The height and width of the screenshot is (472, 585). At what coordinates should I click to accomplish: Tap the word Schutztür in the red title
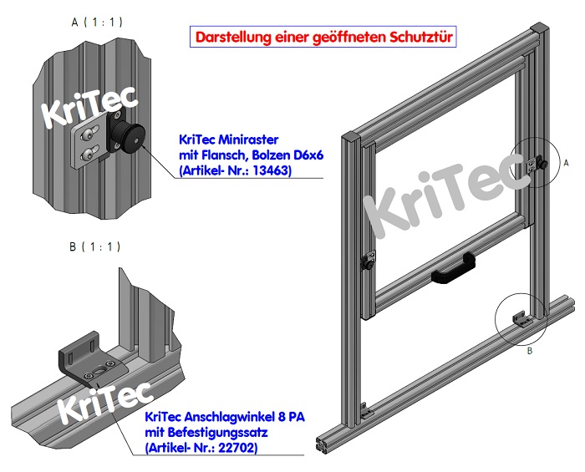(424, 38)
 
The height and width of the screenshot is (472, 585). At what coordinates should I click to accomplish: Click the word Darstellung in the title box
(229, 38)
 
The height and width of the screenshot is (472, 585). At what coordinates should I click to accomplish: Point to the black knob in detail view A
(132, 135)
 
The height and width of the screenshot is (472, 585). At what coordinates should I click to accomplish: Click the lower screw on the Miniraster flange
(84, 153)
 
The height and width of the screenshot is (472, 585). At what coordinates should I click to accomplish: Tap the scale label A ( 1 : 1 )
(97, 22)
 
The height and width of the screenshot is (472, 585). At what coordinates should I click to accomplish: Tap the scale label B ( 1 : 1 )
(97, 246)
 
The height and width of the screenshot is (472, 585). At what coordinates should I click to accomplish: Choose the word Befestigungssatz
(214, 433)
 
